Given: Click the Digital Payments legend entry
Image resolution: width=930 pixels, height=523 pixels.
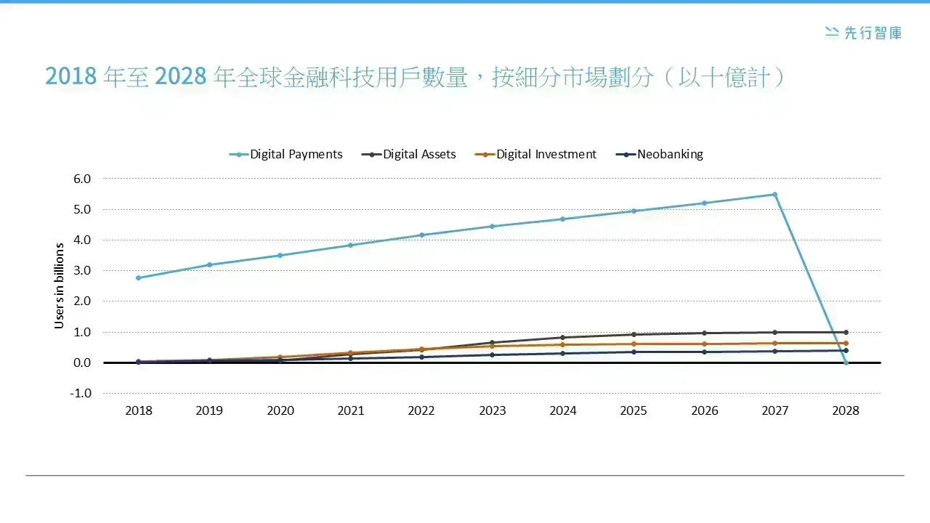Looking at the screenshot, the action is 286,155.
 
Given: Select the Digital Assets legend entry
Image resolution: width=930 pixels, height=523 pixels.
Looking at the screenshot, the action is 409,155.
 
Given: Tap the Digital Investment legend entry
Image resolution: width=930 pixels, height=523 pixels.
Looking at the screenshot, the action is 535,155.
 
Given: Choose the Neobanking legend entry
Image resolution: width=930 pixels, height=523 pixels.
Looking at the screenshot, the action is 660,155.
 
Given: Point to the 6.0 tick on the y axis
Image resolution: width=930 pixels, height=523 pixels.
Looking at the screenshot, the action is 82,179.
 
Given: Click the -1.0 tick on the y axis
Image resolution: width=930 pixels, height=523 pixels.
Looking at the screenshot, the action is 81,393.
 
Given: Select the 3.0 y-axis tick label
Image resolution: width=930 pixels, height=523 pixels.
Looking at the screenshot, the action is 82,271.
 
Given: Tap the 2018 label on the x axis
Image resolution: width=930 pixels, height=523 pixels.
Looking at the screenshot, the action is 139,410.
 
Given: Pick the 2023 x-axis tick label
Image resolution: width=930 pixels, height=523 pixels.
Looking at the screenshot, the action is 493,410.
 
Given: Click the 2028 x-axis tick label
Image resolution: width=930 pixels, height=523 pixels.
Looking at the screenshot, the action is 846,410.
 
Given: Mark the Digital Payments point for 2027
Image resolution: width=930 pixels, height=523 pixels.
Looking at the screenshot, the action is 775,194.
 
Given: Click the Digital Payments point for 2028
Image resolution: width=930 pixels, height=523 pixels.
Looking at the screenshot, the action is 846,362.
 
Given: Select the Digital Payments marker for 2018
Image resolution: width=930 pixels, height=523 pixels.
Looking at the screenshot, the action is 139,277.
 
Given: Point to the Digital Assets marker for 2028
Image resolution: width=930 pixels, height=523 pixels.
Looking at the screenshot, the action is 846,333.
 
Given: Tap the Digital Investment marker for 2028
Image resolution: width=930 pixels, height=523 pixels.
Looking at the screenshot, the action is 846,344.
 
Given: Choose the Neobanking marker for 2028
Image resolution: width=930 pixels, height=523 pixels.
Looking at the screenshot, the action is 846,351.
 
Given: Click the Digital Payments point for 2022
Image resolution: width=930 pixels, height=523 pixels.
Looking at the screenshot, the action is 422,235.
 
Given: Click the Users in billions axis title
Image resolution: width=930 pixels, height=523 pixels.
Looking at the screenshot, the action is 60,285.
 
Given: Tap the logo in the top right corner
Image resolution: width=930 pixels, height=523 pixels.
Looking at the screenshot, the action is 863,33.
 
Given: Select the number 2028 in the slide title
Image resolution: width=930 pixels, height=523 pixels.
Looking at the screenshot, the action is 181,76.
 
